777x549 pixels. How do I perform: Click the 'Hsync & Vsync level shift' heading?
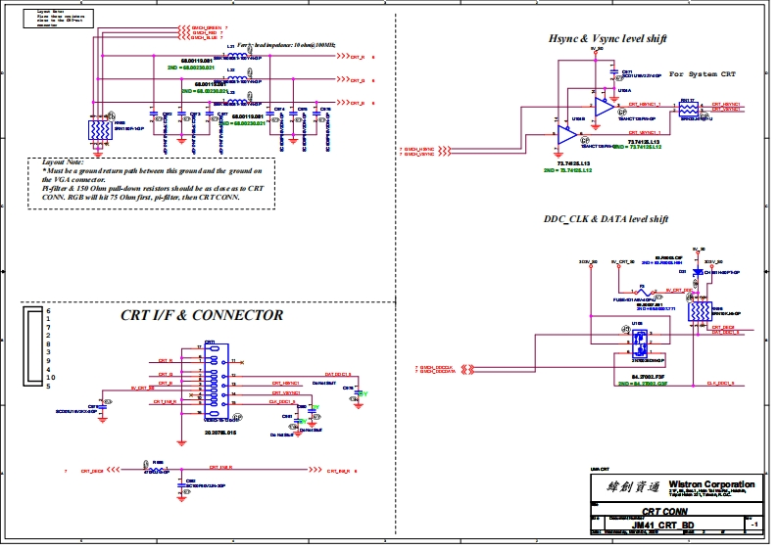click(x=607, y=38)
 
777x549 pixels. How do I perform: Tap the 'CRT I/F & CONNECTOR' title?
click(x=202, y=315)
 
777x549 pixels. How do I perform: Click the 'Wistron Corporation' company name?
click(x=711, y=484)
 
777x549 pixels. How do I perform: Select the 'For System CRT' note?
click(x=702, y=74)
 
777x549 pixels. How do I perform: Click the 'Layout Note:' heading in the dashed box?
click(x=62, y=161)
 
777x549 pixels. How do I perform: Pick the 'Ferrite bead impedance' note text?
click(x=286, y=46)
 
